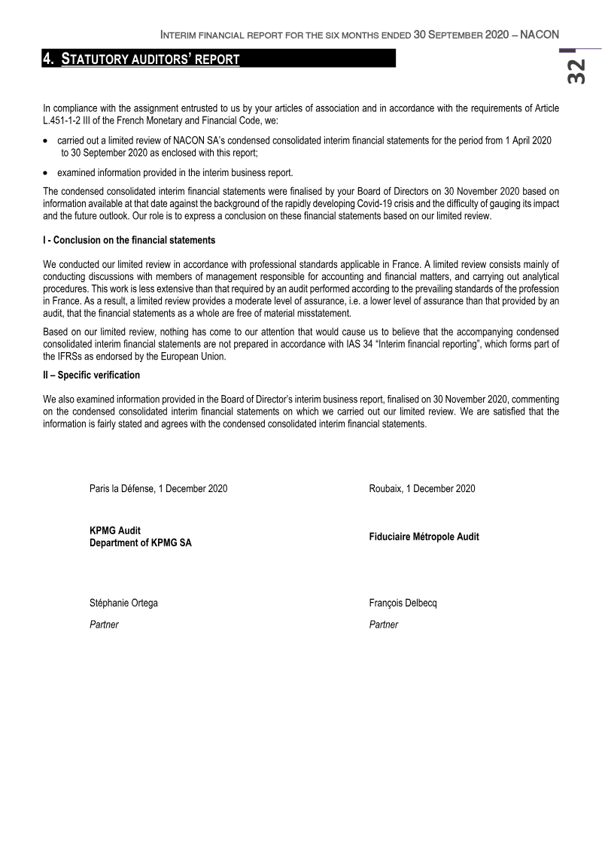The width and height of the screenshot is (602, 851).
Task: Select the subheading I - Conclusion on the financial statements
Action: (x=129, y=241)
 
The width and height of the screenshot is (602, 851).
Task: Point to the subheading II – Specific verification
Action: (x=92, y=375)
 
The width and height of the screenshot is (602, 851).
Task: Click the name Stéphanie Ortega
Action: (x=123, y=603)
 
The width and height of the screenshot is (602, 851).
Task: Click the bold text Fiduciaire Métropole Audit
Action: (x=424, y=537)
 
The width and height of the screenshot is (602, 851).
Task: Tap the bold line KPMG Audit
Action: (x=115, y=531)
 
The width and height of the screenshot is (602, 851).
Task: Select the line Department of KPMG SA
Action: (x=140, y=543)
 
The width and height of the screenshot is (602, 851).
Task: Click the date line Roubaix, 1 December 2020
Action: (x=422, y=489)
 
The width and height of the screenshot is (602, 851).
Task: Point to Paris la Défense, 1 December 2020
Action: (x=158, y=489)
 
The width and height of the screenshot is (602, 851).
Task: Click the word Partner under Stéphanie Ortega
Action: (x=104, y=625)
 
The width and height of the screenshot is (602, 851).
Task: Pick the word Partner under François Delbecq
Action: (x=384, y=625)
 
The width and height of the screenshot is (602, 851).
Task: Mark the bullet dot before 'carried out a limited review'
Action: (x=47, y=141)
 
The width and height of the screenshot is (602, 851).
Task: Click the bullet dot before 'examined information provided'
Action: (x=47, y=173)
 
